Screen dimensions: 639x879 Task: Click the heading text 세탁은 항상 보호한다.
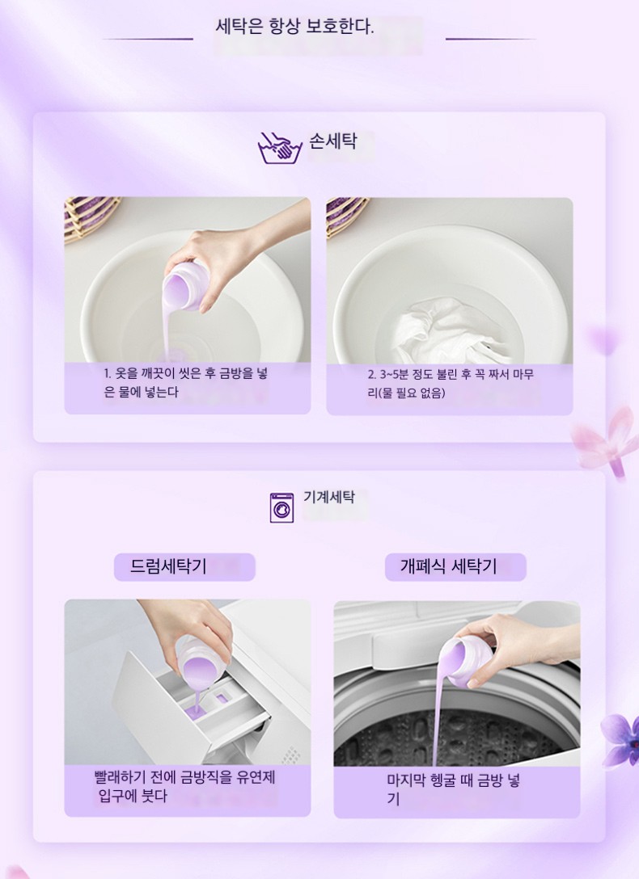coord(294,27)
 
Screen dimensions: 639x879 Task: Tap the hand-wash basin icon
coord(279,148)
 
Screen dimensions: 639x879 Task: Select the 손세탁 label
coord(332,141)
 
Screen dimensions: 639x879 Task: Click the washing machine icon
coord(281,508)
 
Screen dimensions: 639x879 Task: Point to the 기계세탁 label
coord(328,497)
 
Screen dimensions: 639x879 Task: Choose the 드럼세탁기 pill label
coord(184,567)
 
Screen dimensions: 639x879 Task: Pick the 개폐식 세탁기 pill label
coord(455,567)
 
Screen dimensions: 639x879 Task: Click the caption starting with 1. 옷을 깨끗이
coord(186,383)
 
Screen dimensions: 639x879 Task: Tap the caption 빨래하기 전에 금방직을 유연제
coord(184,787)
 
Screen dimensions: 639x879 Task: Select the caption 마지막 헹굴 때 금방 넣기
coord(453,789)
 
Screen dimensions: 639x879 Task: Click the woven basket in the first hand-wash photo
coord(89,219)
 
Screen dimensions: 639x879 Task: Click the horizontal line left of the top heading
coord(148,39)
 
